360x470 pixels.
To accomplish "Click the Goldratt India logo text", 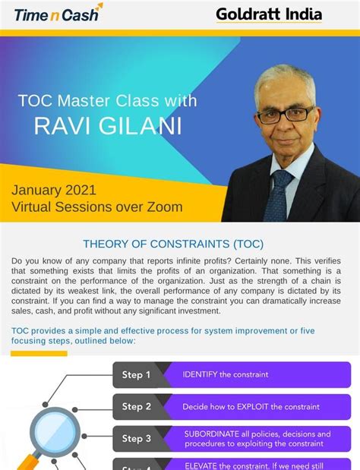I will [268, 14].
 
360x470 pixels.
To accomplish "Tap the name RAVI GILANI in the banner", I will [108, 126].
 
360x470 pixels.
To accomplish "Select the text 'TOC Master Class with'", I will [107, 100].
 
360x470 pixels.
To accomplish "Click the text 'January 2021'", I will [53, 190].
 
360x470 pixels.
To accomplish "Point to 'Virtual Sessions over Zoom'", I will [96, 207].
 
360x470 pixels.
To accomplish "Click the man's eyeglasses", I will [285, 115].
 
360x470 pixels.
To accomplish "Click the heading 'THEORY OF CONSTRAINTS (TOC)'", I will [173, 244].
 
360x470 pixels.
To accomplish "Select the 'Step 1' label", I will [137, 374].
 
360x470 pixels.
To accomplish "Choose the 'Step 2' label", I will [137, 406].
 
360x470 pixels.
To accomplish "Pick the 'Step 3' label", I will [137, 438].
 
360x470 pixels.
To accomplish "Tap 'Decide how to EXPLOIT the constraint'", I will [251, 407].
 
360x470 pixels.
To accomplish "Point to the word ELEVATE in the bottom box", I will [202, 465].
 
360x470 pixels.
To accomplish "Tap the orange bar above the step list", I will [39, 353].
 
